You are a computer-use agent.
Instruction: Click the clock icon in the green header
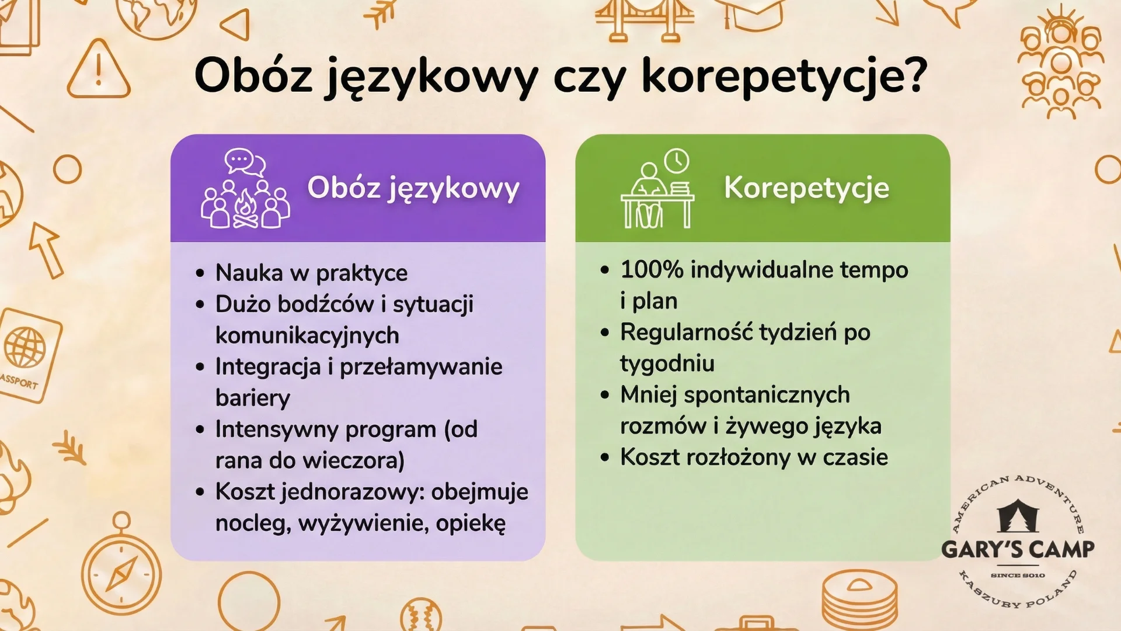pyautogui.click(x=676, y=161)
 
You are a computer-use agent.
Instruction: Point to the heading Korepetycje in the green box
pyautogui.click(x=806, y=188)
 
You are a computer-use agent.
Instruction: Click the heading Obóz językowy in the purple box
pyautogui.click(x=413, y=188)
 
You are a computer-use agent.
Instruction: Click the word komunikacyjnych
pyautogui.click(x=307, y=335)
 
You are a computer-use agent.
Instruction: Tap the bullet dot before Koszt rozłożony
pyautogui.click(x=605, y=457)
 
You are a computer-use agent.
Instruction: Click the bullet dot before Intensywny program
pyautogui.click(x=200, y=430)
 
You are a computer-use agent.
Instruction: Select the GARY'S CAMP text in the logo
pyautogui.click(x=1018, y=549)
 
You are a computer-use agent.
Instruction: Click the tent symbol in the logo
pyautogui.click(x=1018, y=515)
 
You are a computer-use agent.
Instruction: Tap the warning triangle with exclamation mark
pyautogui.click(x=98, y=71)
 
